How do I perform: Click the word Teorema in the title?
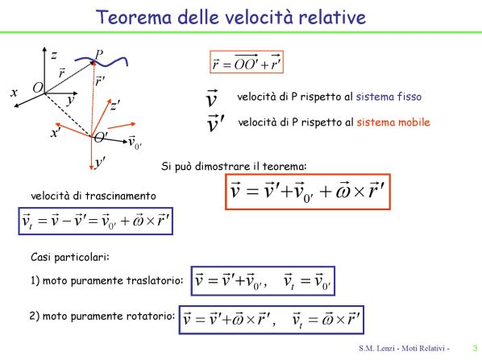134,17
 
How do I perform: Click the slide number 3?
476,349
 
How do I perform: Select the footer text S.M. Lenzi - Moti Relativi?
404,349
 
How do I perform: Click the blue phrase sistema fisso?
389,97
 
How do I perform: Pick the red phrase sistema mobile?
393,122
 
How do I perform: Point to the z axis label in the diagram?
54,56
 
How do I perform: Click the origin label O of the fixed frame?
38,88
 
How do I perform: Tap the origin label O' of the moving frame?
101,137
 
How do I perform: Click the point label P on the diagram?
99,55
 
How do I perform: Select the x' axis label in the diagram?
56,132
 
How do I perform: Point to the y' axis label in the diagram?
100,162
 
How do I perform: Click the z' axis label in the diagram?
115,106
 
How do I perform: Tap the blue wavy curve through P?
102,61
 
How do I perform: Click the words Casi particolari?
70,257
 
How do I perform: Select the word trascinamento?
121,196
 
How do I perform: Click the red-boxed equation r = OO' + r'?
247,62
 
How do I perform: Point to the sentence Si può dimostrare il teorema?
234,167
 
